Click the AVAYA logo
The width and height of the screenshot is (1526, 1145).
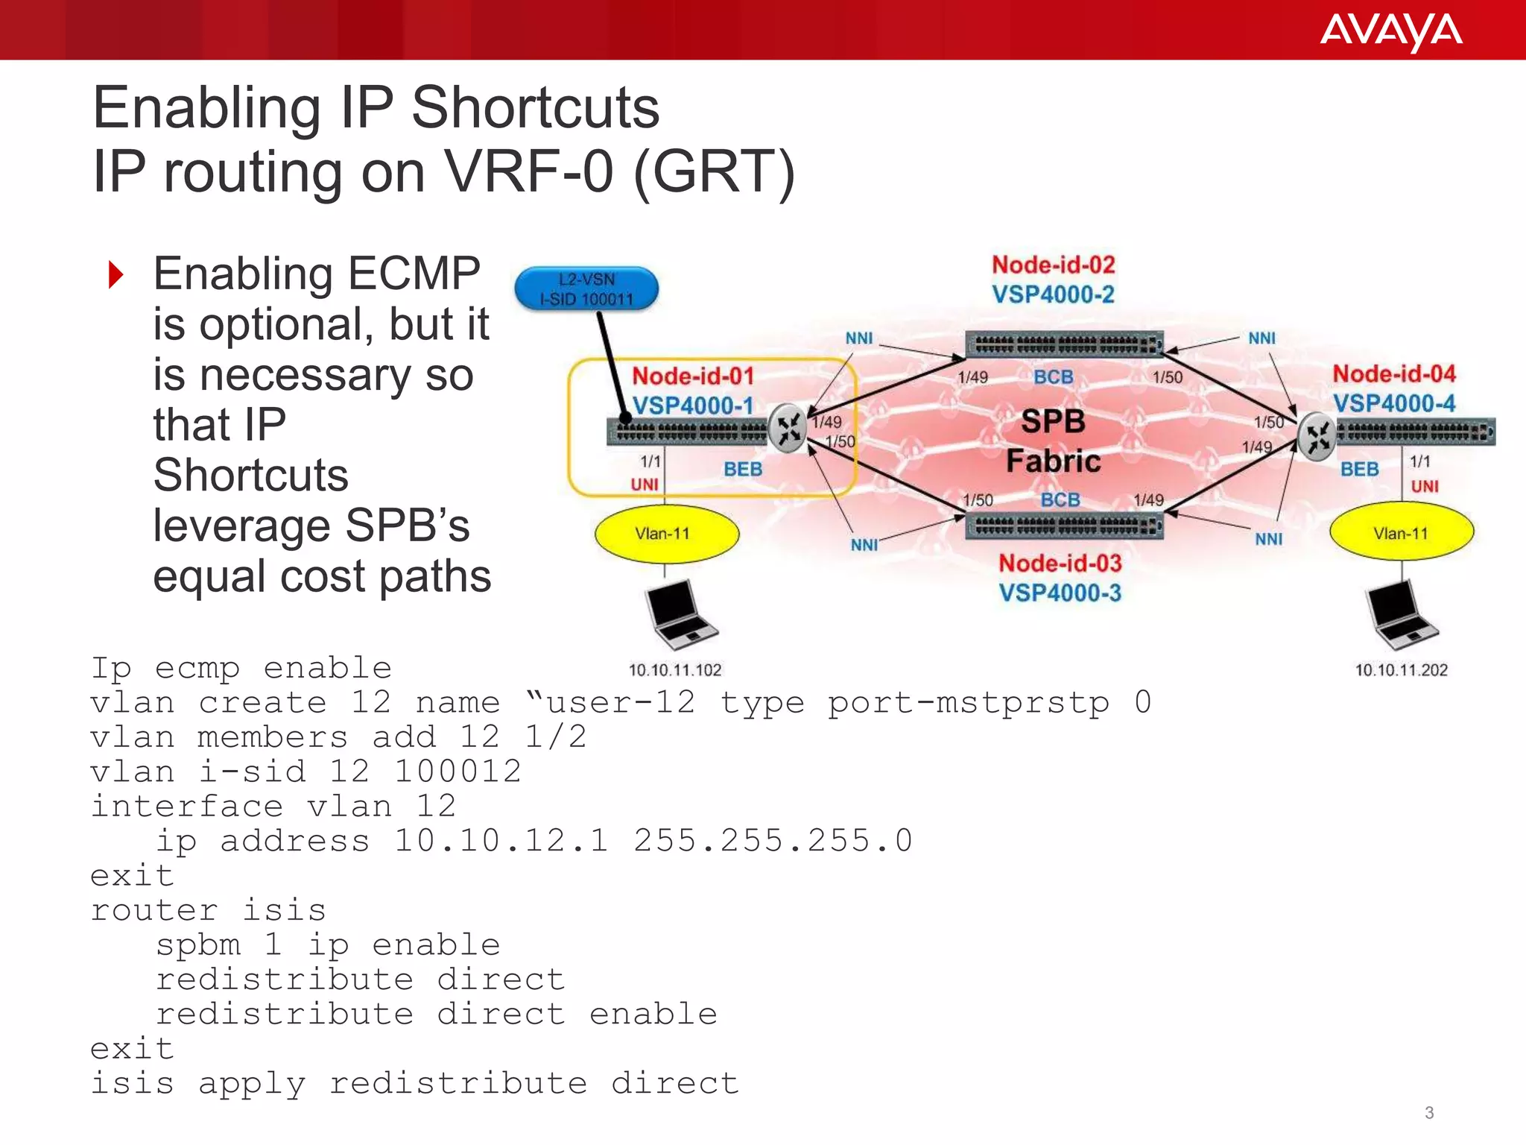(1390, 32)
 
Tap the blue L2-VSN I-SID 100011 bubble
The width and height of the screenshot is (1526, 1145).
(586, 289)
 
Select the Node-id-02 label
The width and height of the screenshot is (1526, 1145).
(1053, 265)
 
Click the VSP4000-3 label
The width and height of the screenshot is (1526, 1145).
(1060, 593)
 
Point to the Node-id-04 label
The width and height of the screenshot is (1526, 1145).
(1393, 373)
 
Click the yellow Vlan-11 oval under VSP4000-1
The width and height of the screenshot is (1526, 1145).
(666, 534)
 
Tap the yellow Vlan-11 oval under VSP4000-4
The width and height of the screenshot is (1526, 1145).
(1401, 534)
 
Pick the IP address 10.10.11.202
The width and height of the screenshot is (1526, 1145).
(1401, 670)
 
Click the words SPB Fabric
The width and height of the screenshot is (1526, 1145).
(1053, 441)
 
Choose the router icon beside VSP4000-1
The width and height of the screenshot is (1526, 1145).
(788, 429)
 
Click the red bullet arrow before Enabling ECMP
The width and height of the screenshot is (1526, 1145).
(115, 274)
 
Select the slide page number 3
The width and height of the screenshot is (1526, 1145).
(1428, 1113)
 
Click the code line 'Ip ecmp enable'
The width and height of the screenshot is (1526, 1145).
(241, 668)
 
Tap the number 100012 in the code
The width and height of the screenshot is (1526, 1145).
(457, 772)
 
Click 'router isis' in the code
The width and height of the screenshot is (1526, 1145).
(208, 910)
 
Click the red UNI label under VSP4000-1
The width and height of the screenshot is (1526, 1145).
(645, 485)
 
